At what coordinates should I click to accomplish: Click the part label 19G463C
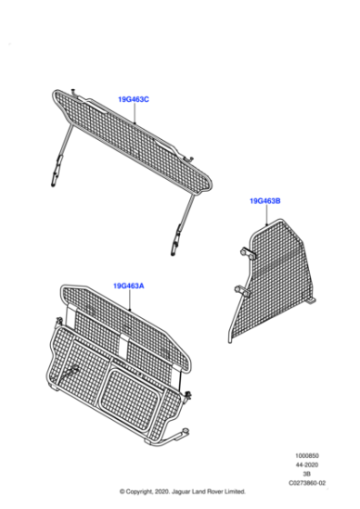134,99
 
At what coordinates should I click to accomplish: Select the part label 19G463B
265,201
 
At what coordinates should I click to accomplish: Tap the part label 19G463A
128,286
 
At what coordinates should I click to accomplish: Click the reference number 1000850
306,455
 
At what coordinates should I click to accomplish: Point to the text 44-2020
306,464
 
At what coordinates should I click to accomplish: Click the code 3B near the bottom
306,474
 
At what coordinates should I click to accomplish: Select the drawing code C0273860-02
307,483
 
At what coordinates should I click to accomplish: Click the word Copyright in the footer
138,492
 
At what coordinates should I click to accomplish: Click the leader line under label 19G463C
135,114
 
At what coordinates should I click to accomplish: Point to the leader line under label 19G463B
266,215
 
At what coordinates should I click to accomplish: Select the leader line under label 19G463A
129,300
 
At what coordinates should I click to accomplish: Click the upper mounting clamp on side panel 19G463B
248,254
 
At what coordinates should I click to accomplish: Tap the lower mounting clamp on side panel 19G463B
243,291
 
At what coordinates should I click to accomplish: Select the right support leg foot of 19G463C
174,247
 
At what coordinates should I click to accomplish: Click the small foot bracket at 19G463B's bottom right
312,301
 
